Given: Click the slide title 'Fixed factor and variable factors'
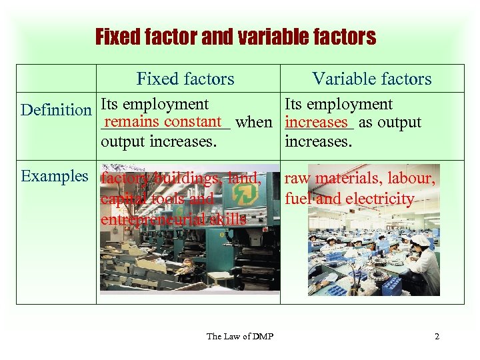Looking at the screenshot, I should tap(235, 36).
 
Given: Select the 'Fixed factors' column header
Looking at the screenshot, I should tap(185, 79).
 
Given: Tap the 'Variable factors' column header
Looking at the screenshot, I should tap(372, 79).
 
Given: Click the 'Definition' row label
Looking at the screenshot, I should tap(56, 109).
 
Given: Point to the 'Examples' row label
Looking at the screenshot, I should tap(55, 176).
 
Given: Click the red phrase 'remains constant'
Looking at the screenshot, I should tap(162, 121).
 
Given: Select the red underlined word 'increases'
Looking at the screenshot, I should tap(317, 123).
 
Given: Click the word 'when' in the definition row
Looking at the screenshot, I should tap(254, 123).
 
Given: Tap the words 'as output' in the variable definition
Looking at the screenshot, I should tap(390, 123).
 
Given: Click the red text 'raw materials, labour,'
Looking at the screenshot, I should tap(360, 179).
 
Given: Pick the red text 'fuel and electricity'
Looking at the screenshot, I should tap(349, 199).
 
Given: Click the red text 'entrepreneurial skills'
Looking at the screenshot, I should tap(173, 219).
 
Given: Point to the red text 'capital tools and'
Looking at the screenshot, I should tap(157, 199).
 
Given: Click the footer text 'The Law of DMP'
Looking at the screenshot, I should tap(235, 336).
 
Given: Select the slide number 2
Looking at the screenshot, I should tap(437, 336).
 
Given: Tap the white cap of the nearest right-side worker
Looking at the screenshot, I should tap(420, 241).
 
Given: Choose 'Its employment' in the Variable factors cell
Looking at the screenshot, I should tap(339, 105).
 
